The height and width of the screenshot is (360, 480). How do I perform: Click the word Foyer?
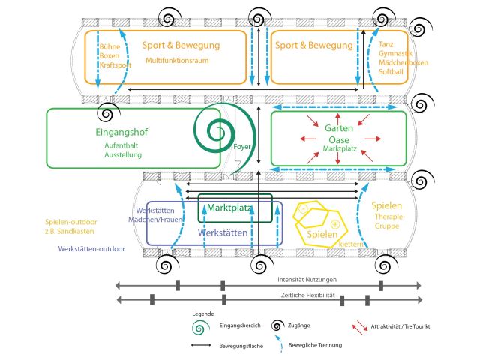[x=241, y=148]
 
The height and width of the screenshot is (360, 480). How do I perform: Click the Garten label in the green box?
[x=338, y=128]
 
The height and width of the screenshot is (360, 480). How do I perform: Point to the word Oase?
[x=338, y=139]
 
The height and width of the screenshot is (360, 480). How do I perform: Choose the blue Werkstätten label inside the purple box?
[x=223, y=233]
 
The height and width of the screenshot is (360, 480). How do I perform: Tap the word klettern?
[x=351, y=244]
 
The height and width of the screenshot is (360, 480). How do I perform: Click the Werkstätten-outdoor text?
[x=91, y=248]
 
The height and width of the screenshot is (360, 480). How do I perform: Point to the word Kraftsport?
[x=115, y=65]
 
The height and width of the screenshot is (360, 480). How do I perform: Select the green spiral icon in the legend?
[x=200, y=327]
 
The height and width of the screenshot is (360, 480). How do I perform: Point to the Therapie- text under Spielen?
[x=389, y=217]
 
